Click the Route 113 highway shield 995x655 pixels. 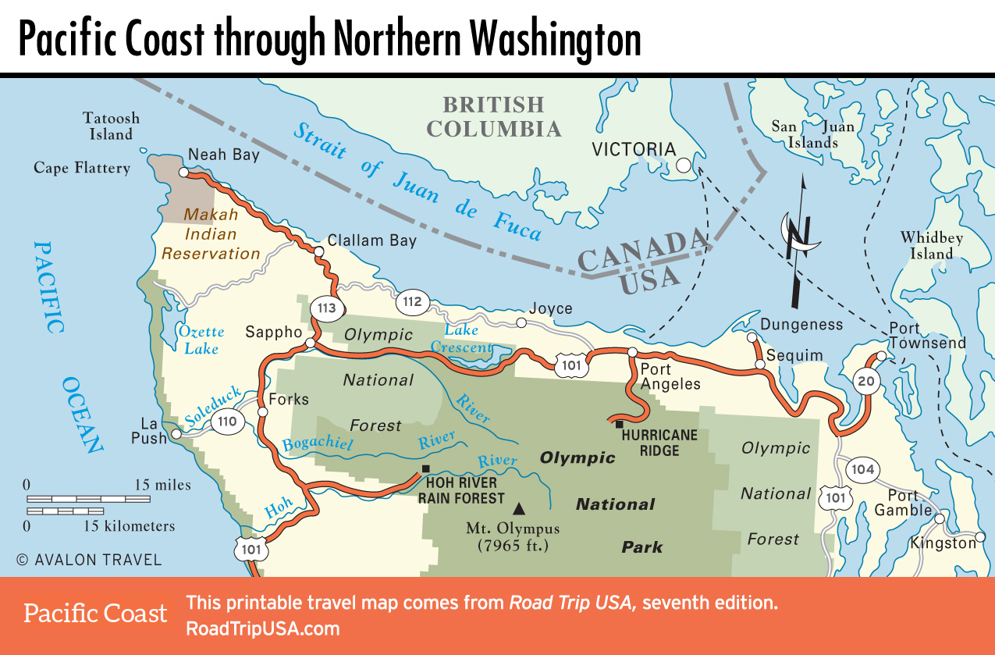tap(326, 308)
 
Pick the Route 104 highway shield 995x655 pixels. tap(863, 470)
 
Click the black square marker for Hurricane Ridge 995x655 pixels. tap(619, 425)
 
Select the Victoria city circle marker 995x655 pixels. tap(684, 166)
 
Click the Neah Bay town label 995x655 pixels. tap(224, 155)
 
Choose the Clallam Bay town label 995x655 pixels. tap(372, 240)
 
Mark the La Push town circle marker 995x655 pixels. tap(177, 433)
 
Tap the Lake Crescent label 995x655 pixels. tap(463, 340)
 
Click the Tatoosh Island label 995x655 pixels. tap(112, 126)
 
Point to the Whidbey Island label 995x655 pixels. tap(932, 245)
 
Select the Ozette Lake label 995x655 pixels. tap(201, 340)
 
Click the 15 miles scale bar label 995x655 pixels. tap(162, 485)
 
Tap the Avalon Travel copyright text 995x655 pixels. tap(89, 560)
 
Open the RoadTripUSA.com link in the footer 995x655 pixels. tap(262, 629)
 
